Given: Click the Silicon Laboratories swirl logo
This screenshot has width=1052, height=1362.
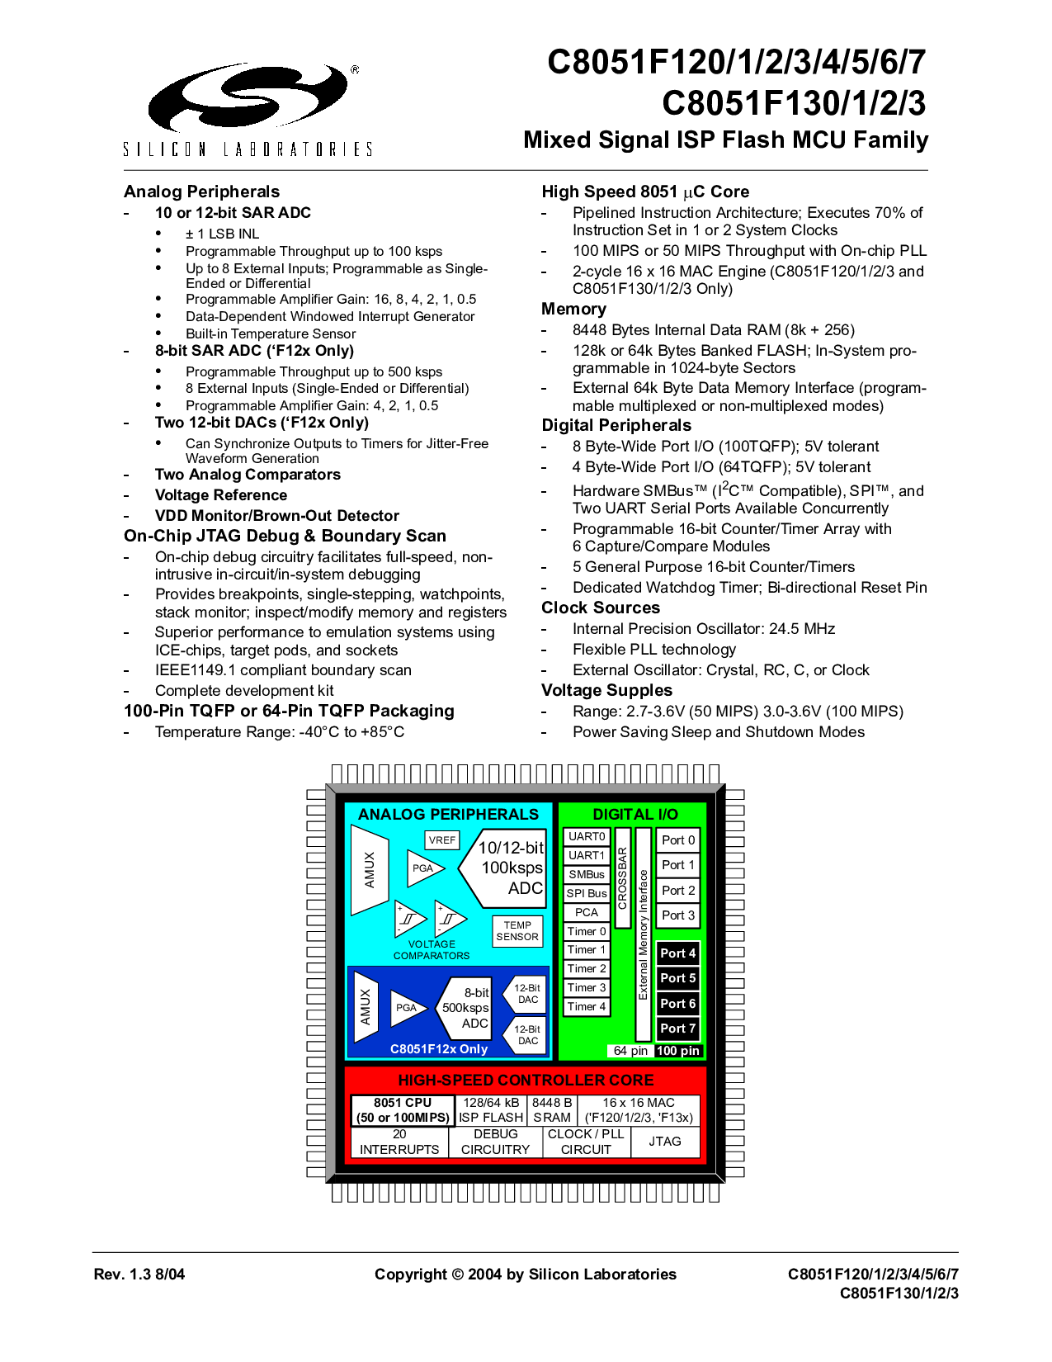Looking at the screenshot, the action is [x=248, y=97].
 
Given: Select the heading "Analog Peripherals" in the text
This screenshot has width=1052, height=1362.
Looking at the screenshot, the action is [x=201, y=192].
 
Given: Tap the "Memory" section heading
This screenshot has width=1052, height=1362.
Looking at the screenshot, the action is [x=573, y=309].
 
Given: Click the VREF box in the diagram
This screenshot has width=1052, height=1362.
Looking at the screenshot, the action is [x=441, y=839].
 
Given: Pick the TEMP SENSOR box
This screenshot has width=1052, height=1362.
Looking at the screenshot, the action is [x=517, y=931].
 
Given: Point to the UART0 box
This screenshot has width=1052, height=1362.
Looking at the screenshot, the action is [x=587, y=836].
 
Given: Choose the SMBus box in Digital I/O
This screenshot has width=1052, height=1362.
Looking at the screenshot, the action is [x=587, y=873].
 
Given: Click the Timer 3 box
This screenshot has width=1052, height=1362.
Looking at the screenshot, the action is [x=587, y=987].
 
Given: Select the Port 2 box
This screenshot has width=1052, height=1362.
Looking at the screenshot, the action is [x=678, y=890].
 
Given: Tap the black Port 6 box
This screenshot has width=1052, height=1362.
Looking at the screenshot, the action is [x=678, y=1004].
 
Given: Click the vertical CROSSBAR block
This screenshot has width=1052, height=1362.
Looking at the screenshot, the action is [x=623, y=877].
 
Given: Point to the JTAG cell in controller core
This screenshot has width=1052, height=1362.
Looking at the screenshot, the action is [x=665, y=1142].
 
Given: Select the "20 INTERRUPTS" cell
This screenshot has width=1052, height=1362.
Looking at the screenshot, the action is [x=399, y=1142].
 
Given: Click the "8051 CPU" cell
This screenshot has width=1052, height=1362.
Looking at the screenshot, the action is [x=403, y=1109].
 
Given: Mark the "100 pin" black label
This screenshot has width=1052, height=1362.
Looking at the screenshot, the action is [x=677, y=1051].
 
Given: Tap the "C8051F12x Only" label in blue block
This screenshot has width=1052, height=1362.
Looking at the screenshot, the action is [x=439, y=1048].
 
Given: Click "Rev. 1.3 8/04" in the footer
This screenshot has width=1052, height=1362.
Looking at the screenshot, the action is [x=139, y=1275].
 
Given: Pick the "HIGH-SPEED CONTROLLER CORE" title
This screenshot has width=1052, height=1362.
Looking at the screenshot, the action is [x=526, y=1080].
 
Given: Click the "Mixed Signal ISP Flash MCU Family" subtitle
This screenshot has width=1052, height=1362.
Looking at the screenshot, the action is [x=725, y=140].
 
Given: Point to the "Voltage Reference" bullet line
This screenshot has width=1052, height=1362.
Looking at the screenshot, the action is [x=221, y=495].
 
